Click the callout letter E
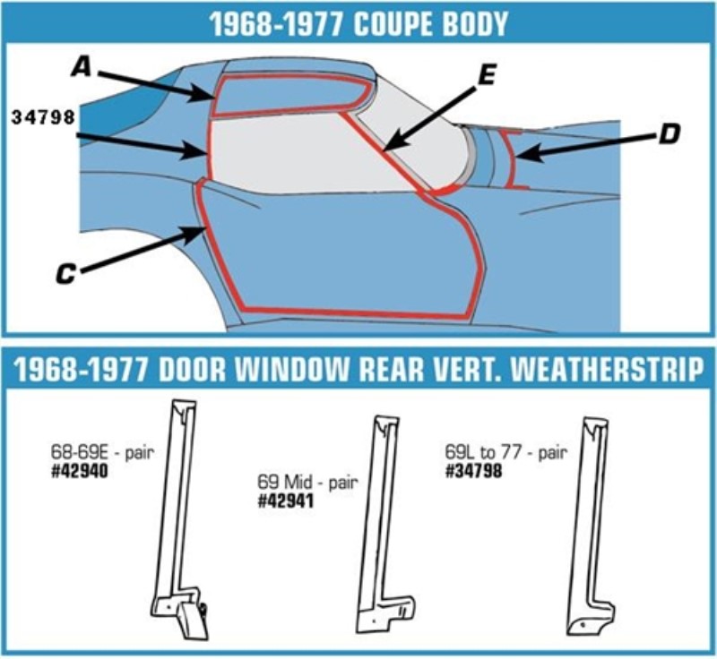486,77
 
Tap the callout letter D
668,135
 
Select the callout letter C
65,274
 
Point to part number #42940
81,473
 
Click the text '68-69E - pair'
103,453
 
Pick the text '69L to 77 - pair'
505,451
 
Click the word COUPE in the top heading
397,24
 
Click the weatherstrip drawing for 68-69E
180,520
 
